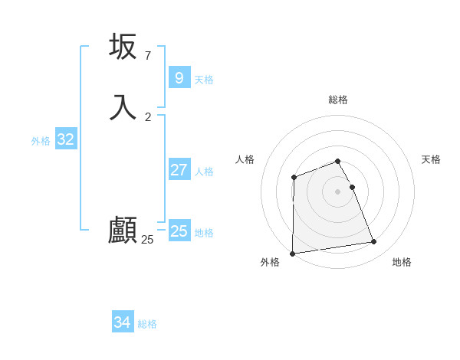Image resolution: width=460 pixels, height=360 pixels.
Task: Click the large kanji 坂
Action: pyautogui.click(x=123, y=47)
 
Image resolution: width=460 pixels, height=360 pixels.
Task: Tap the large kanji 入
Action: pyautogui.click(x=123, y=106)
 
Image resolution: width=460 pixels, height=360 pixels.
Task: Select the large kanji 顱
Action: pyautogui.click(x=123, y=231)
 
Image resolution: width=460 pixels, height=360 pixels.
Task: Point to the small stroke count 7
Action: pyautogui.click(x=147, y=56)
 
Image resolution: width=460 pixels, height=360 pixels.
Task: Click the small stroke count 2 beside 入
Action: pyautogui.click(x=147, y=116)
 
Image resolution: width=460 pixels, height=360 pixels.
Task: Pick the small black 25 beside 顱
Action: pyautogui.click(x=147, y=240)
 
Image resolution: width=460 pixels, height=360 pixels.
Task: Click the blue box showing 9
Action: pyautogui.click(x=179, y=77)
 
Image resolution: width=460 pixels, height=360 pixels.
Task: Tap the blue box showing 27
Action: pyautogui.click(x=179, y=170)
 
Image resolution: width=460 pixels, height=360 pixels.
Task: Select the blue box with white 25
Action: pyautogui.click(x=179, y=231)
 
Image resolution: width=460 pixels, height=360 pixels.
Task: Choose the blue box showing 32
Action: pyautogui.click(x=65, y=139)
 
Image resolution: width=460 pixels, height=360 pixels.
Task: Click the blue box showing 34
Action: pyautogui.click(x=122, y=322)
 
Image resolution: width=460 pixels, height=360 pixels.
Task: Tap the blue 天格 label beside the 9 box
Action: pyautogui.click(x=204, y=80)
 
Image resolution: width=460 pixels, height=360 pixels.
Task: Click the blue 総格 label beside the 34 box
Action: pyautogui.click(x=147, y=324)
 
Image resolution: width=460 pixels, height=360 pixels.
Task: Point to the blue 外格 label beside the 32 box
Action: pyautogui.click(x=41, y=141)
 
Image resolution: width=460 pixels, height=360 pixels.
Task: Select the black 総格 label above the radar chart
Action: pyautogui.click(x=338, y=100)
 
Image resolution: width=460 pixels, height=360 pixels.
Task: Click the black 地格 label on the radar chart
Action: pyautogui.click(x=402, y=262)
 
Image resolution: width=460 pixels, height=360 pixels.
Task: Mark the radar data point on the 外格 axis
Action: pyautogui.click(x=292, y=254)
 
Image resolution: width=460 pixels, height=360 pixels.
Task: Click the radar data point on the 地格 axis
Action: pyautogui.click(x=374, y=242)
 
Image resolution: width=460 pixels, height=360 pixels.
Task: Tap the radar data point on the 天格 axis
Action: pyautogui.click(x=352, y=187)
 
